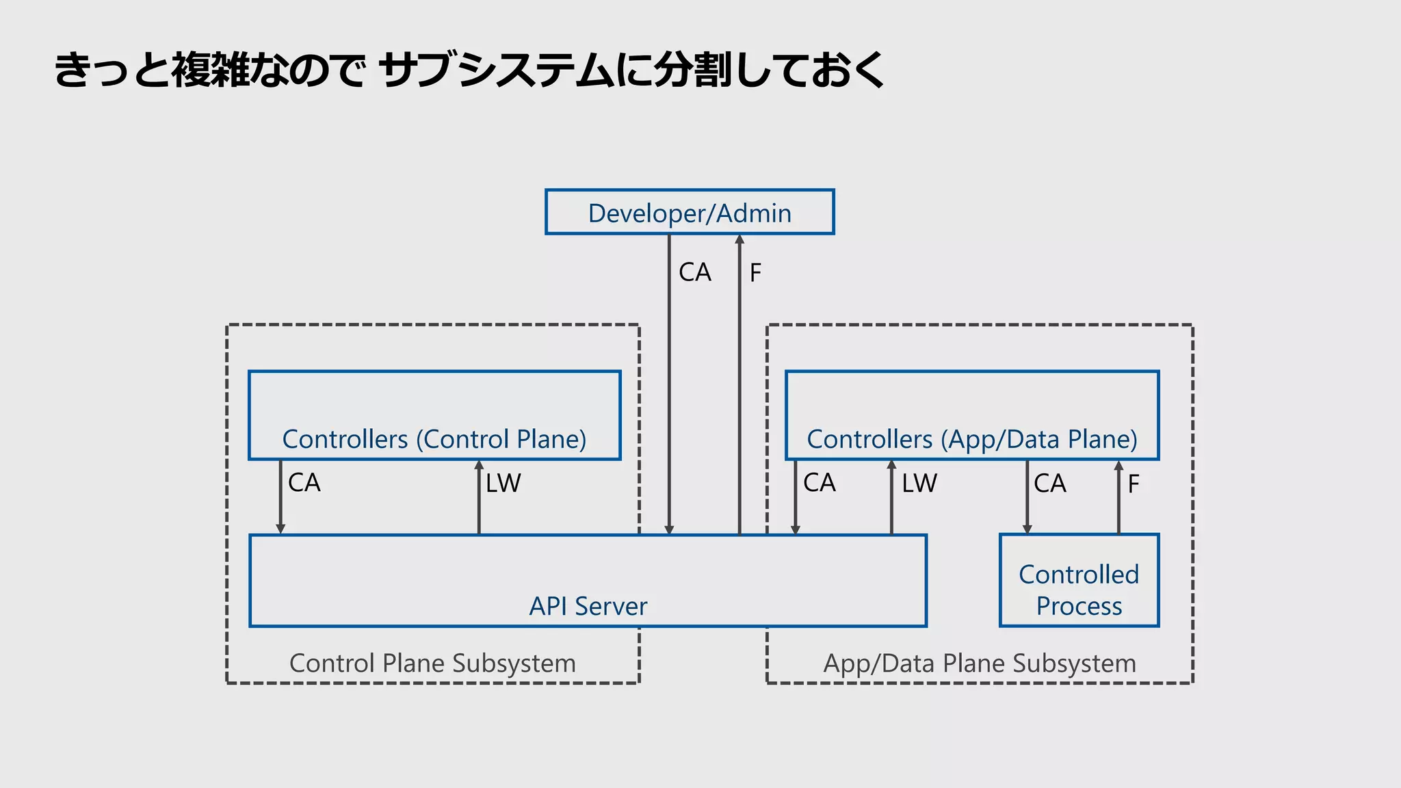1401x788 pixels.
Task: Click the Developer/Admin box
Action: (x=690, y=212)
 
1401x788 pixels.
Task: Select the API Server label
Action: (x=588, y=606)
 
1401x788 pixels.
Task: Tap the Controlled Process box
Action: (x=1079, y=580)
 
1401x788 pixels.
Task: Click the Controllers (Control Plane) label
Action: (x=434, y=439)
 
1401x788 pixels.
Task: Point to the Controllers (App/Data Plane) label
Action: (x=971, y=439)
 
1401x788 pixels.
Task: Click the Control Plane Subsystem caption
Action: (x=432, y=664)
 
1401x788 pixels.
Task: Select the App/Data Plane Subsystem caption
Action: (x=979, y=664)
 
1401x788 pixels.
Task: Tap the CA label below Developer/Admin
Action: (x=694, y=272)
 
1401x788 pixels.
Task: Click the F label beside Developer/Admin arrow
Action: (x=755, y=273)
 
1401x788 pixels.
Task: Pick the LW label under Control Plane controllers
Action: (x=503, y=484)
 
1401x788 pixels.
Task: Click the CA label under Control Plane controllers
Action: (x=304, y=483)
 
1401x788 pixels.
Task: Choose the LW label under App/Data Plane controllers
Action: (x=919, y=484)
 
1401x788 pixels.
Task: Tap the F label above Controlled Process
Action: (x=1134, y=484)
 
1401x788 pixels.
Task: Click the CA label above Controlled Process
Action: (x=1049, y=484)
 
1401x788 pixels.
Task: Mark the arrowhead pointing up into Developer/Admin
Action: (x=739, y=239)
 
